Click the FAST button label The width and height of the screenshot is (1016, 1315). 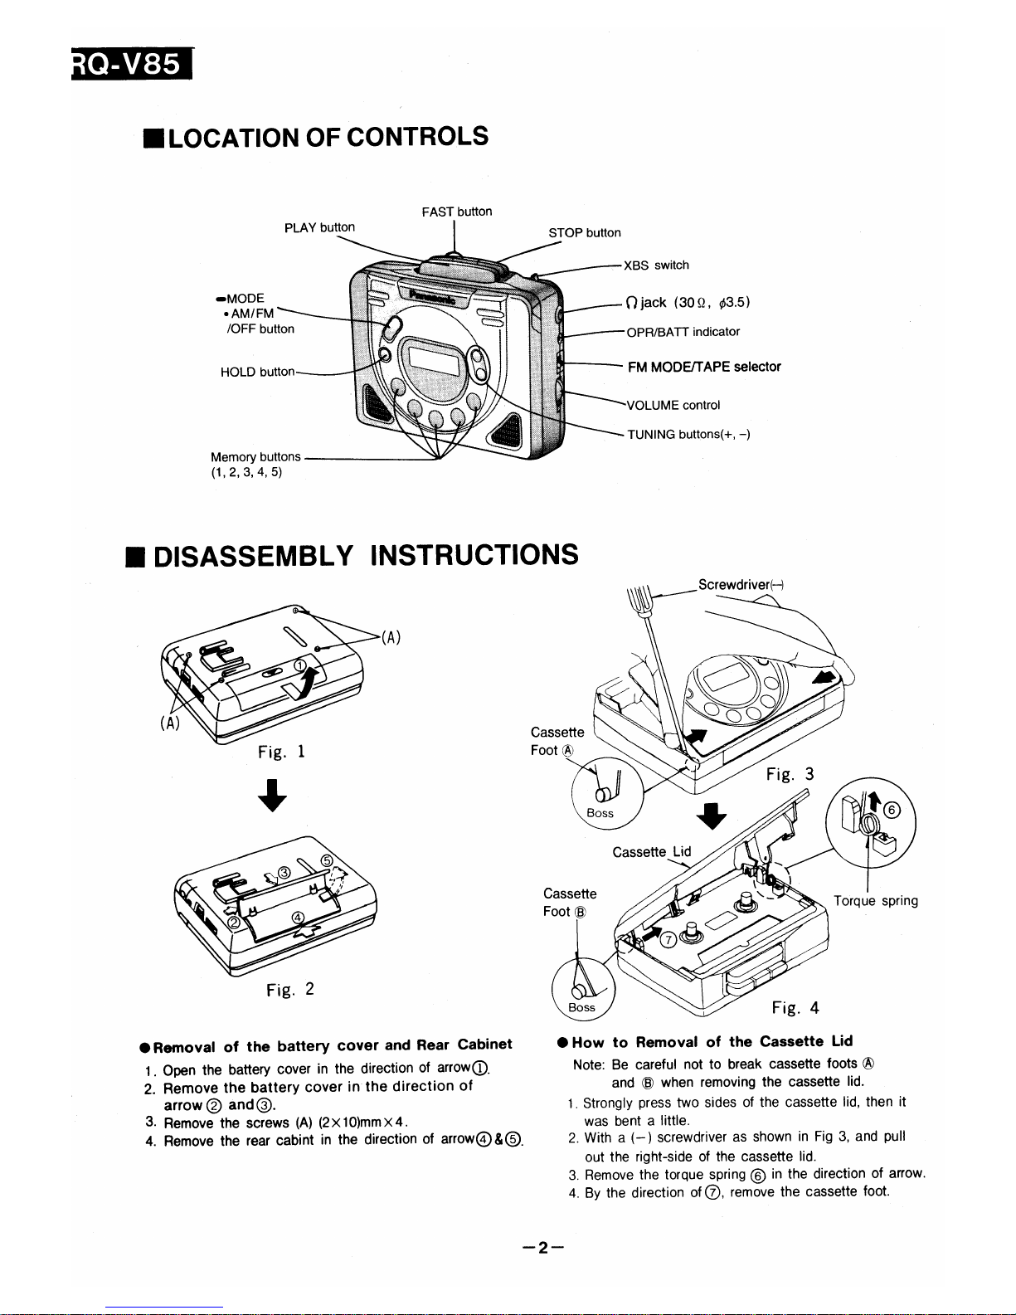pos(456,212)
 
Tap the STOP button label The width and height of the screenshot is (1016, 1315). pos(585,232)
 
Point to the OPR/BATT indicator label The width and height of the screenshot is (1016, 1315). pos(683,332)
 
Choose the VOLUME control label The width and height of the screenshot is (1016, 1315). pos(673,405)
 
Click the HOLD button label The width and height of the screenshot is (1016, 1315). pos(257,372)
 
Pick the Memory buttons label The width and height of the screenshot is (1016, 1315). pos(255,457)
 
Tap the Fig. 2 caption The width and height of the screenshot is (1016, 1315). pos(289,989)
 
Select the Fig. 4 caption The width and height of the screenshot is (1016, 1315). pos(795,1008)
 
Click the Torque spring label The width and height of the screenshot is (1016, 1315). pos(876,901)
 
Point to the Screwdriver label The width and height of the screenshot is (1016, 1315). pos(741,584)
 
